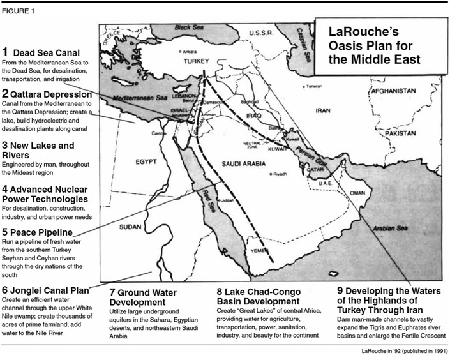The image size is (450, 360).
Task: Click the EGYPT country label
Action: coord(146,162)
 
